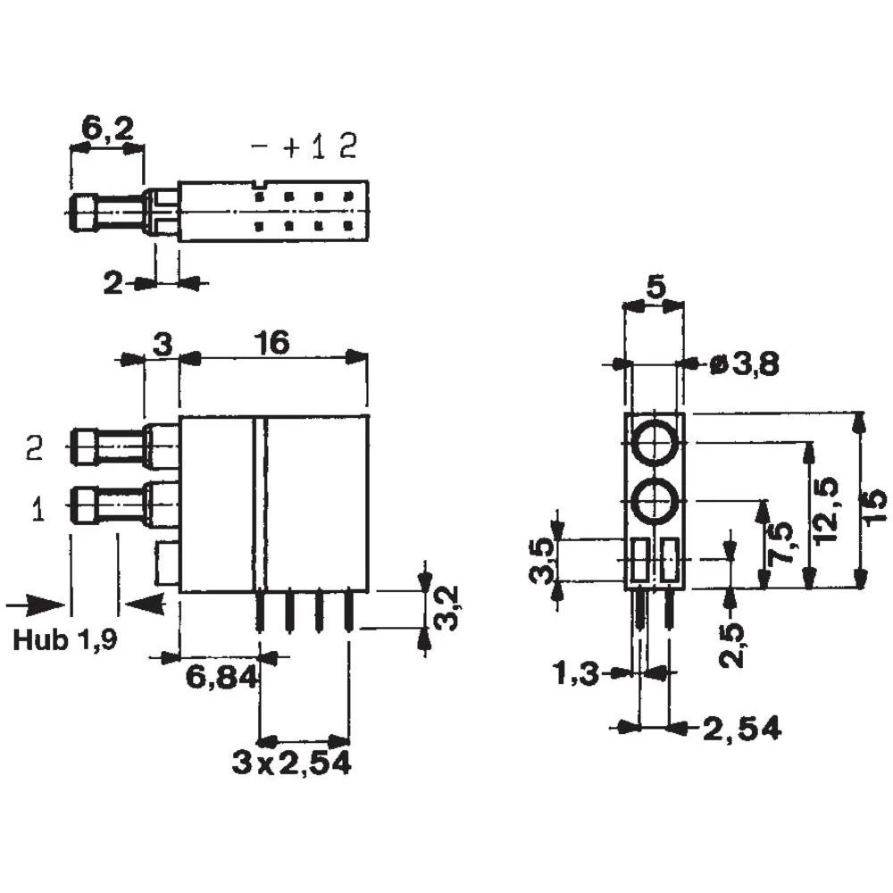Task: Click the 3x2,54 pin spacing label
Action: click(x=290, y=764)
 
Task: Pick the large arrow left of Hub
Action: click(x=34, y=605)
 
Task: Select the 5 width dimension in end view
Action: click(x=655, y=288)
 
